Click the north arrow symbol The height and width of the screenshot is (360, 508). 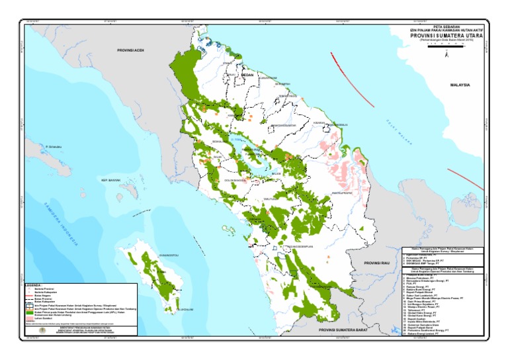point(448,56)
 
